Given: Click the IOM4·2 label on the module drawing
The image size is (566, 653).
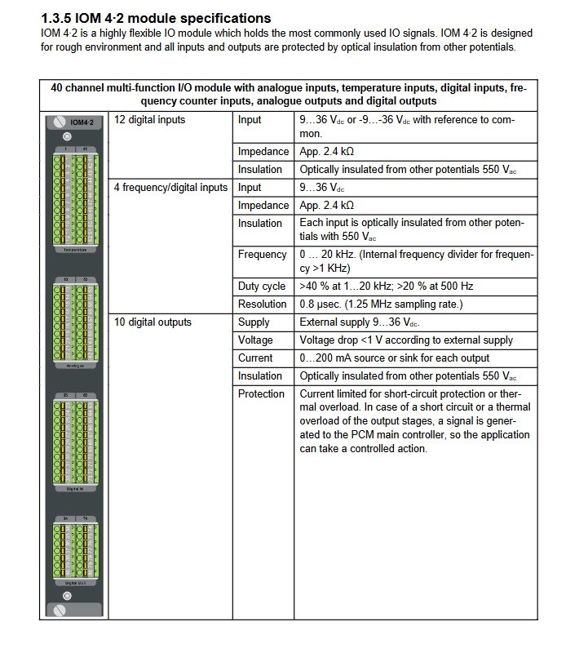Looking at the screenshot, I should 83,122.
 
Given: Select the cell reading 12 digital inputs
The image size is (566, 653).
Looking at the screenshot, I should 149,120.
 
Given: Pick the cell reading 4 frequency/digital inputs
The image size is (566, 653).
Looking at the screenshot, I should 170,188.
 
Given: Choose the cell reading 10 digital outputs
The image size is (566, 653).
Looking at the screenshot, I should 153,322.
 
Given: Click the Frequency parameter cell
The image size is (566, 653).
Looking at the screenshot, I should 262,255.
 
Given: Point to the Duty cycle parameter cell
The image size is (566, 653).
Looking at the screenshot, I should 262,287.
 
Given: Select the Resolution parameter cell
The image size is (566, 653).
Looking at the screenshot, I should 262,304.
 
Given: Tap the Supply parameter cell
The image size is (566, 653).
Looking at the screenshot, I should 254,322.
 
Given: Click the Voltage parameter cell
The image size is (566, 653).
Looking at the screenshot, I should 255,340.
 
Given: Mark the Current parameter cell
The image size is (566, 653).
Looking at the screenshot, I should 255,358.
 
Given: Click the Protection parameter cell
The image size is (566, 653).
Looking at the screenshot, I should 261,394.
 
